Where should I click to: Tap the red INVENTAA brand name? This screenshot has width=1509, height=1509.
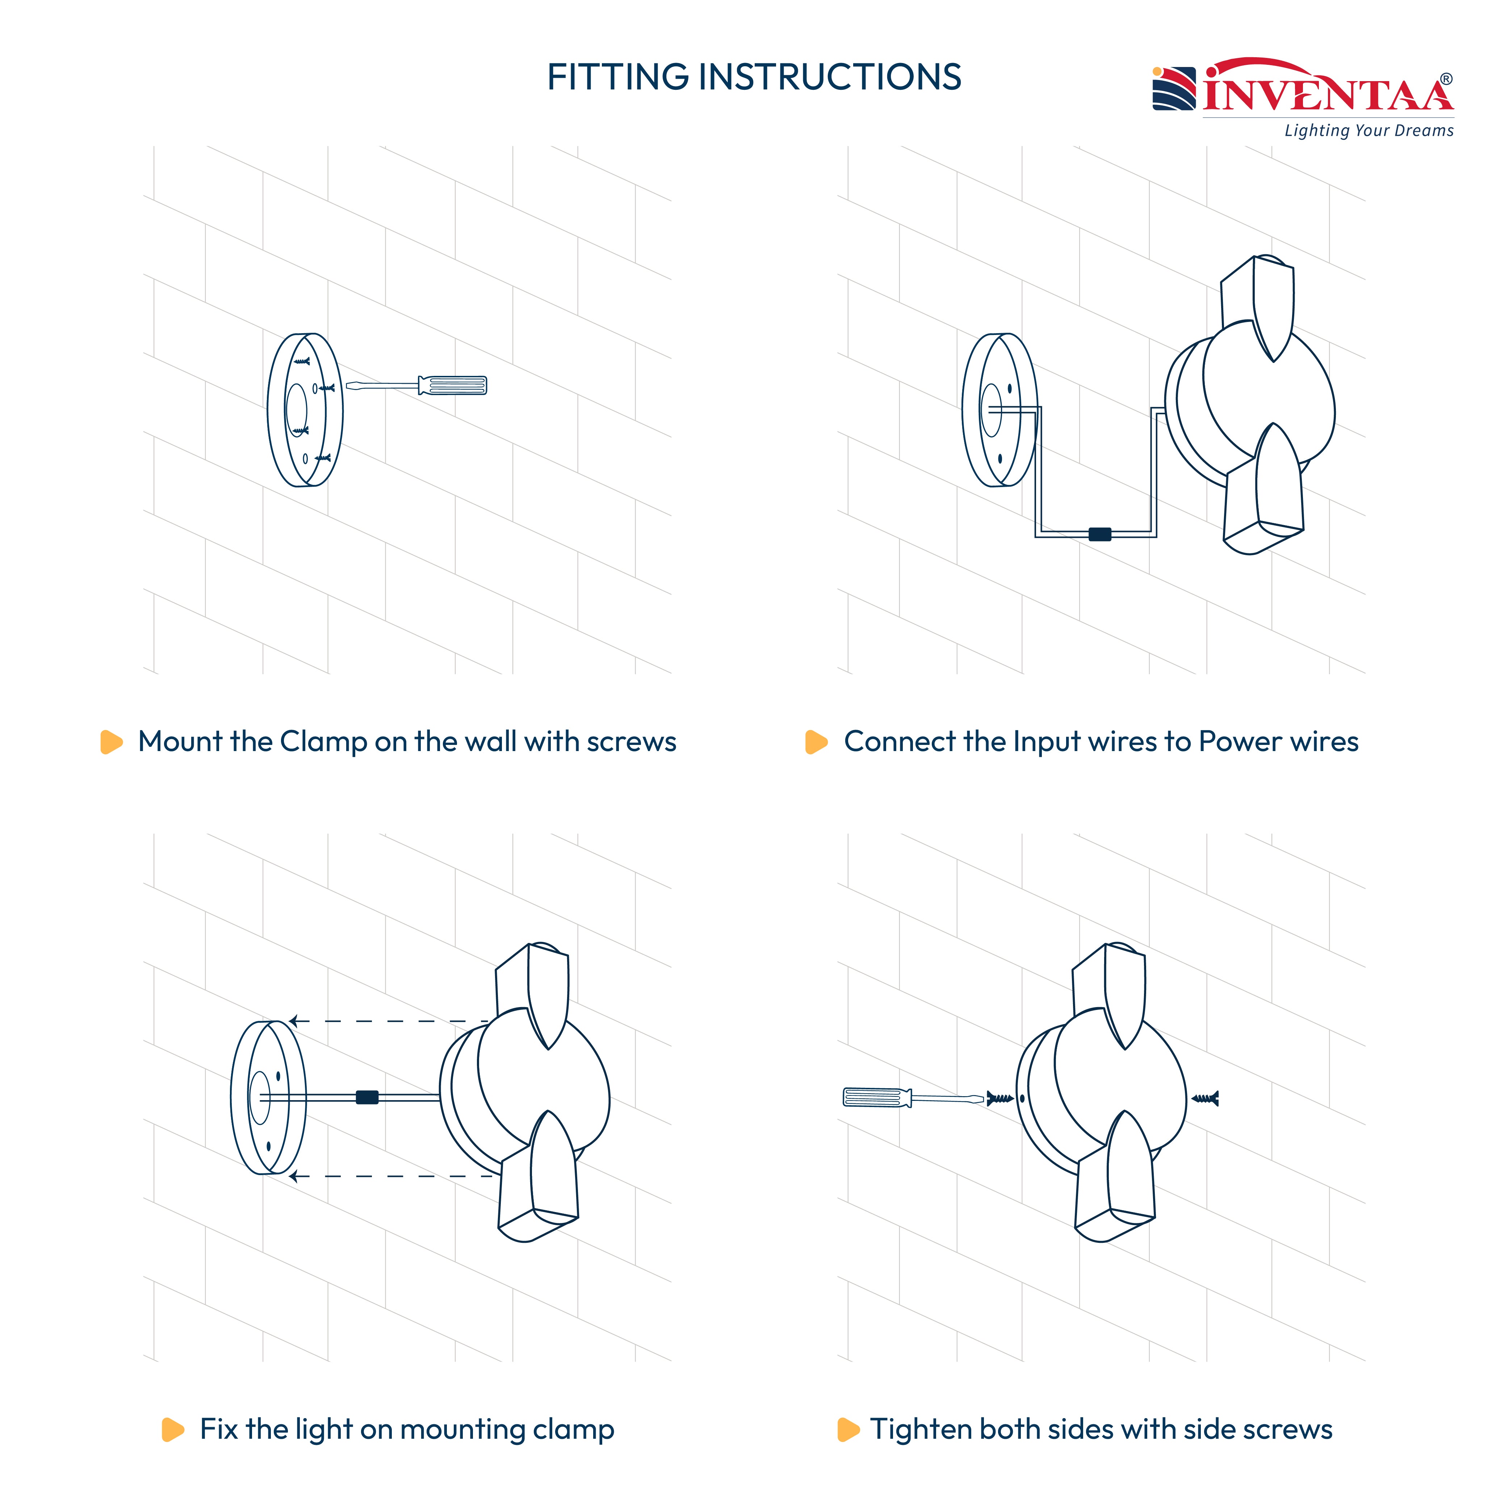pyautogui.click(x=1328, y=88)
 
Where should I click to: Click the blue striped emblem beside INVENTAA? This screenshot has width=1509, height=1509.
pyautogui.click(x=1174, y=88)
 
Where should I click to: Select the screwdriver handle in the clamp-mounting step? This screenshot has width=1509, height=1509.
pyautogui.click(x=453, y=385)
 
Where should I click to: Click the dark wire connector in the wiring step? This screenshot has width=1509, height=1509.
pyautogui.click(x=1100, y=534)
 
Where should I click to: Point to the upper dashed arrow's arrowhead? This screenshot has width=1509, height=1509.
pyautogui.click(x=294, y=1021)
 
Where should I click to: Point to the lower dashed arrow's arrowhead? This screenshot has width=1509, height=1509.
pyautogui.click(x=294, y=1176)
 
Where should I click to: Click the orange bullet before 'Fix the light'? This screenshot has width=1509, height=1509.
pyautogui.click(x=173, y=1429)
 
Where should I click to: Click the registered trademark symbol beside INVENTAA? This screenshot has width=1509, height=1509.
pyautogui.click(x=1446, y=79)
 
